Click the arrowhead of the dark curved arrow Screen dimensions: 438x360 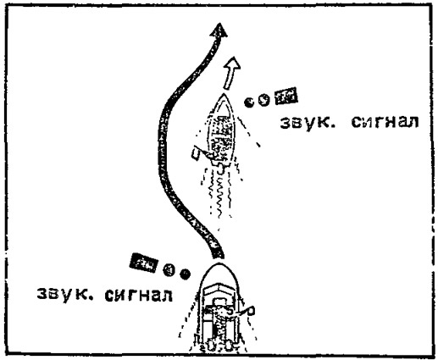pos(219,30)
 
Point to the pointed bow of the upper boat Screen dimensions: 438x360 pos(224,96)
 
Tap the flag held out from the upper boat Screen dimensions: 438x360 pos(196,153)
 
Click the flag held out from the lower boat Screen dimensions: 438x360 pos(251,311)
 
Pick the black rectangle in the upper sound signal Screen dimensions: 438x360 pos(286,96)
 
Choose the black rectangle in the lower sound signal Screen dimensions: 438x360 pos(143,263)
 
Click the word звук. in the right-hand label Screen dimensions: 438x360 pos(307,123)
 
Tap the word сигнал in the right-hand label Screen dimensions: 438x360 pos(385,122)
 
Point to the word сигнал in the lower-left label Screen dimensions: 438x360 pos(138,295)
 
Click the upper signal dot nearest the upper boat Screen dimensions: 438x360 pos(249,102)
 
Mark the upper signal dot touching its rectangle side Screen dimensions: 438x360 pos(264,100)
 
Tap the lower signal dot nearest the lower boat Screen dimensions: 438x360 pos(185,274)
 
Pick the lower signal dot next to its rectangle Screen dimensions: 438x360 pos(169,269)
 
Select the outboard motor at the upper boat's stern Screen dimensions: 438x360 pos(220,168)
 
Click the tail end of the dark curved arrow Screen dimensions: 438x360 pos(219,256)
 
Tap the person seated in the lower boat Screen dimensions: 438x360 pos(220,316)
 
